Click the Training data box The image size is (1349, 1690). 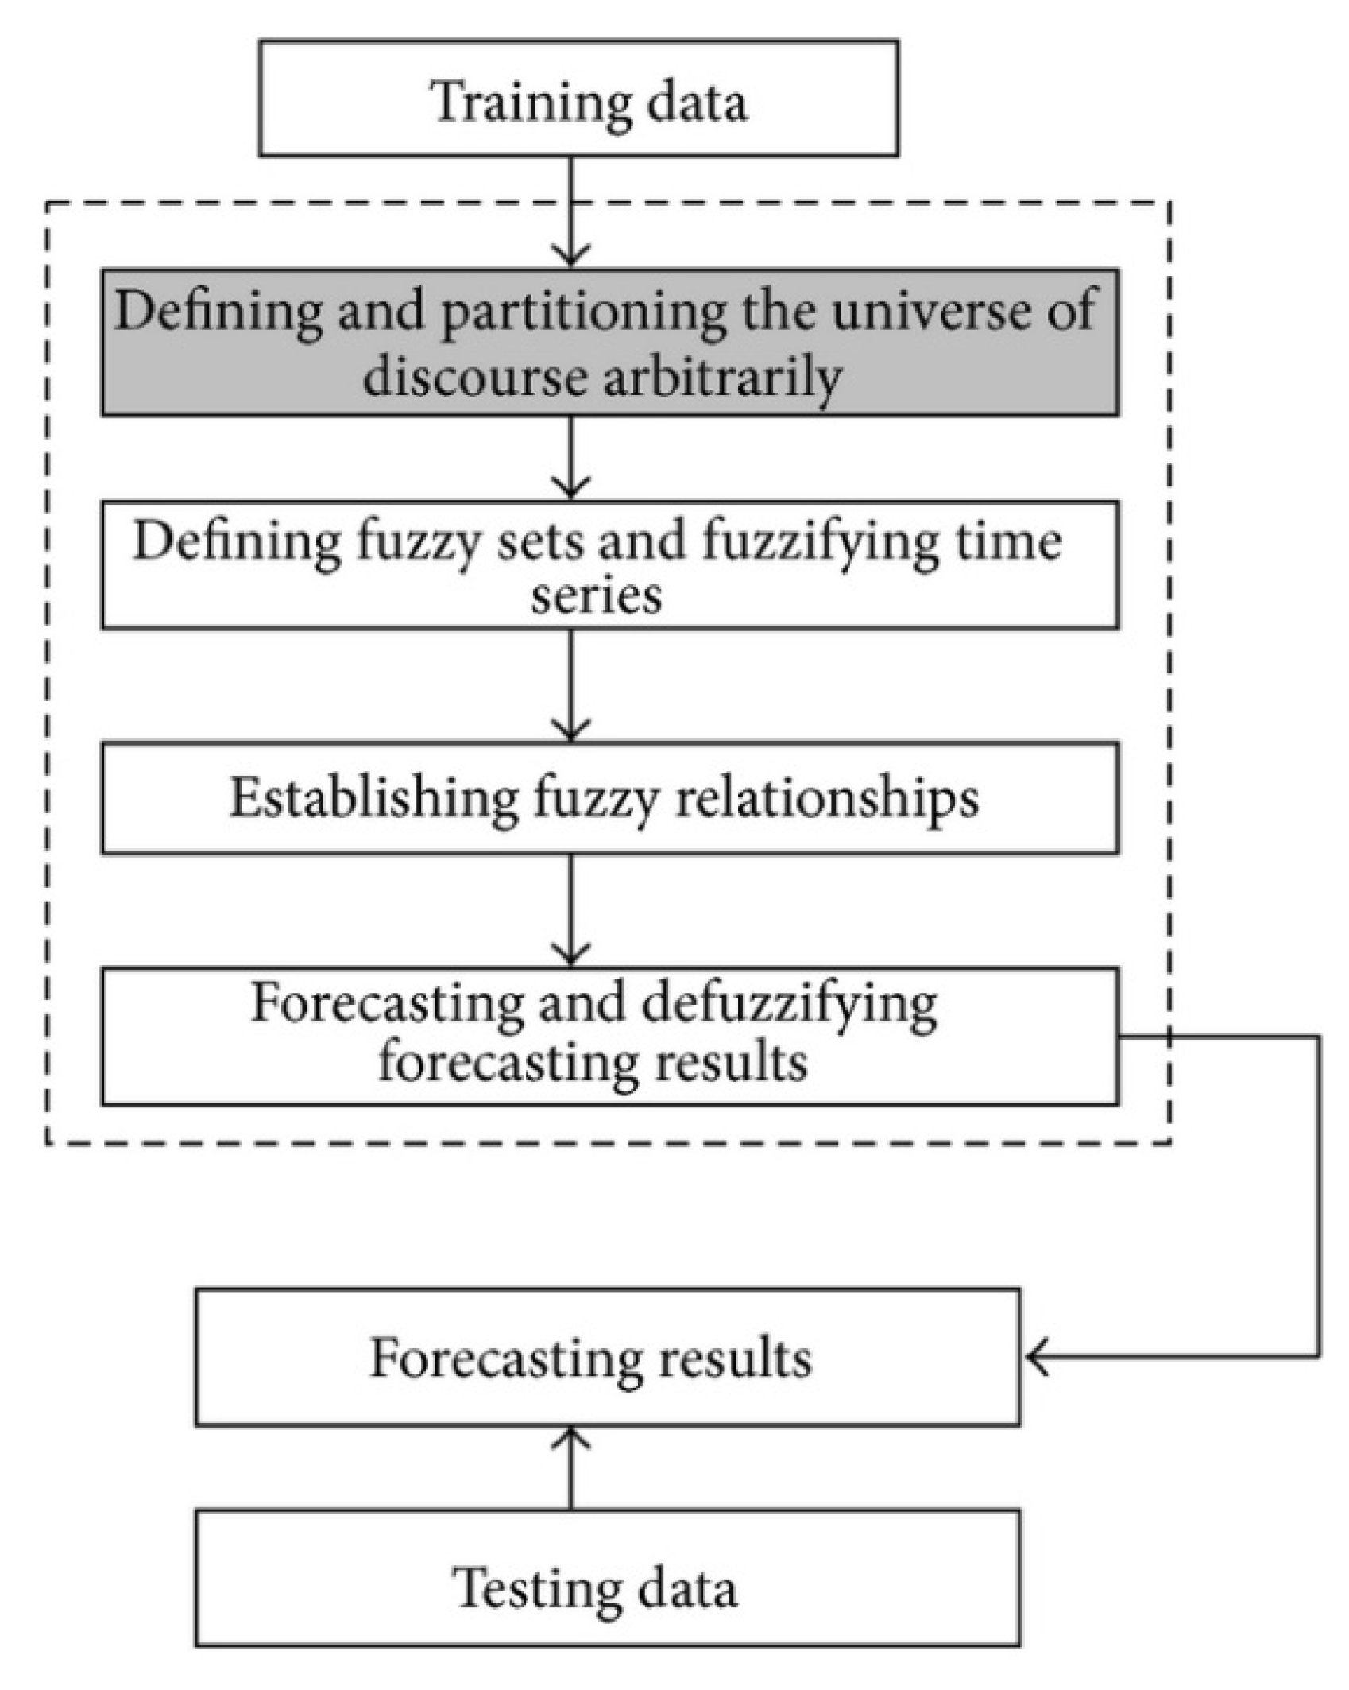point(578,98)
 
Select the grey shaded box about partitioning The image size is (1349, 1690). point(609,342)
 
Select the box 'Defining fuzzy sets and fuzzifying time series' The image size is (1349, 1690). point(609,564)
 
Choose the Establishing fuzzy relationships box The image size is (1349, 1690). point(609,798)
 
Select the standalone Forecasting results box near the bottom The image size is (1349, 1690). point(607,1358)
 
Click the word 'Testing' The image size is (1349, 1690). point(541,1588)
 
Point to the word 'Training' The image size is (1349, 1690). point(530,102)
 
